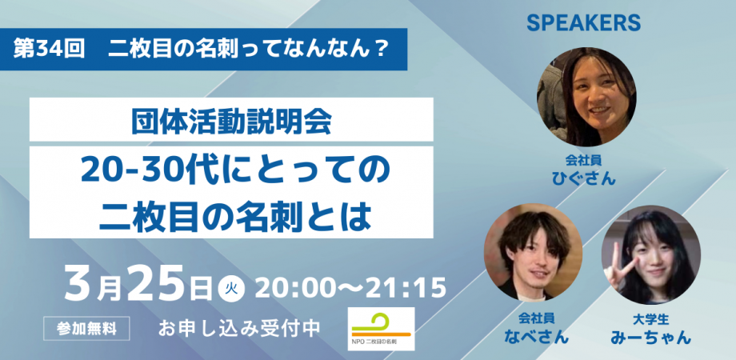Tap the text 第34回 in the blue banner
(50, 49)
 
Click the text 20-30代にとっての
(231, 170)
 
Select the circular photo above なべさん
(533, 251)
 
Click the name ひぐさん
(587, 178)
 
